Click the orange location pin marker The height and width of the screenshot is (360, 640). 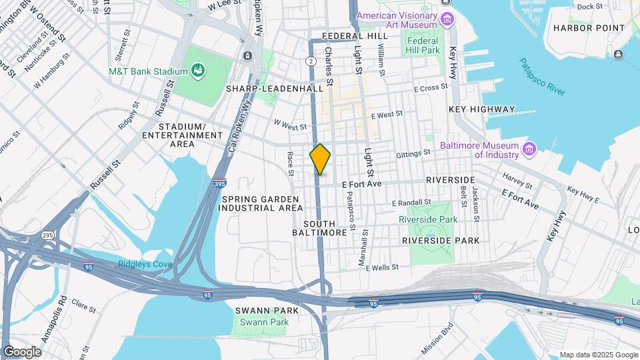321,159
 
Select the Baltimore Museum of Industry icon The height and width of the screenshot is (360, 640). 530,147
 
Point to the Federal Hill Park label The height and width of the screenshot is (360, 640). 423,45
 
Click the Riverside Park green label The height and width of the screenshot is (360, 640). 427,219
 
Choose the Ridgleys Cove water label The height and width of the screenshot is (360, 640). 145,264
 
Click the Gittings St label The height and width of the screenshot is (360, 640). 413,153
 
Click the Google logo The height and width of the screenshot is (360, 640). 22,351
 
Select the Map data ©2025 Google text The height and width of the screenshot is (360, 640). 598,355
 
